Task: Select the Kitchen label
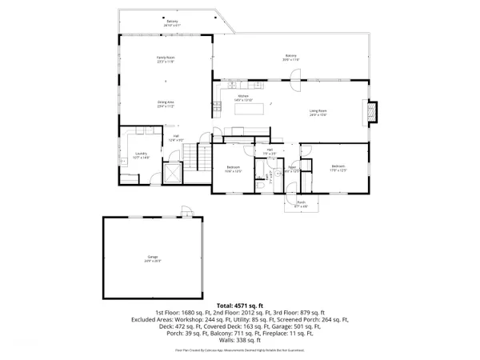pos(244,98)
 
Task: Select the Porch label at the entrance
pos(302,205)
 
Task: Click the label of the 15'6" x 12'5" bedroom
pos(233,169)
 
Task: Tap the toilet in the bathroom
pos(262,184)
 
